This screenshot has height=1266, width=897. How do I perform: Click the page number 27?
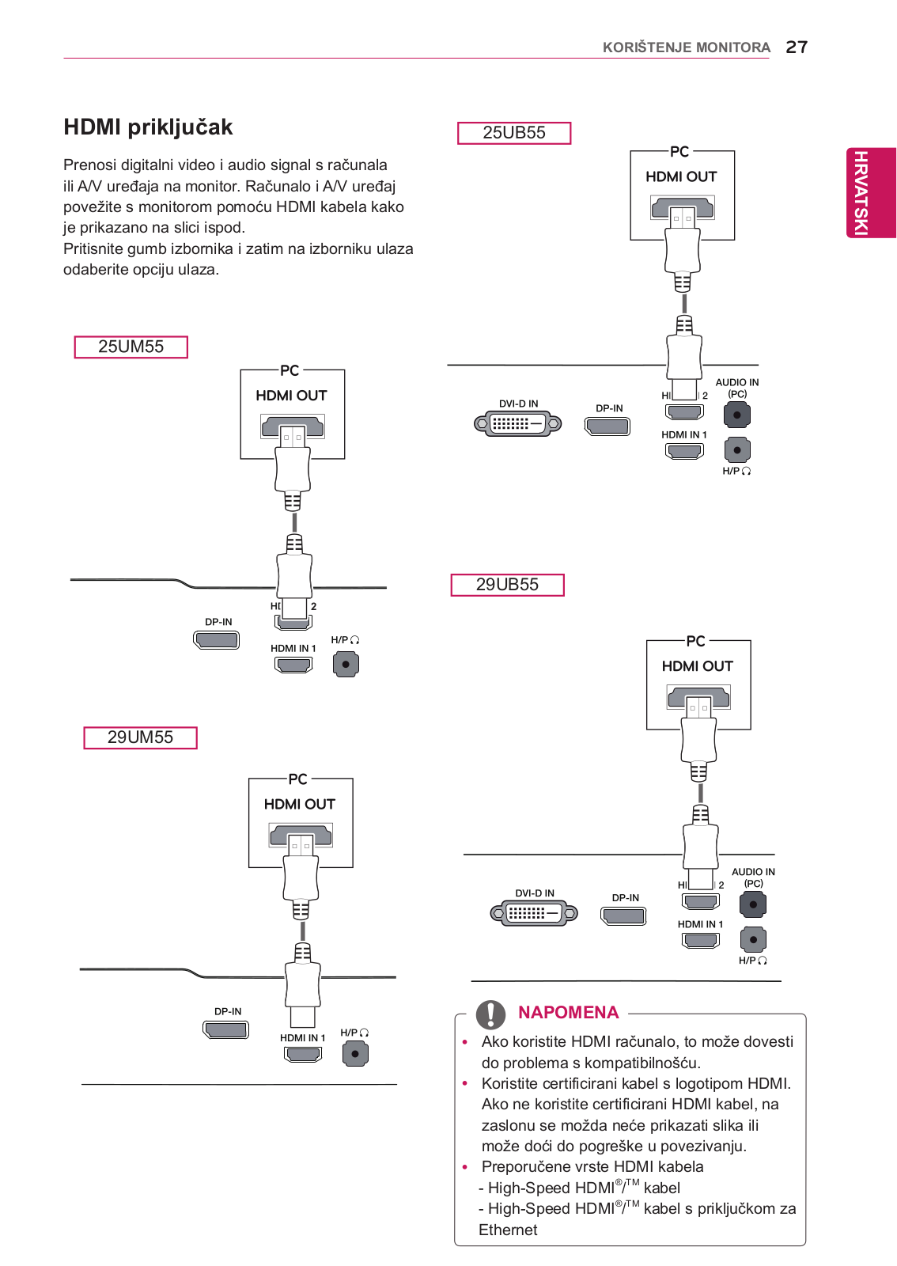tap(797, 47)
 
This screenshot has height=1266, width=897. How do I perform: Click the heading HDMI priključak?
tap(148, 127)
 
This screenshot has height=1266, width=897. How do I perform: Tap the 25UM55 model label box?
tap(131, 347)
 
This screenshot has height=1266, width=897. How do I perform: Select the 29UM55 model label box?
tap(140, 737)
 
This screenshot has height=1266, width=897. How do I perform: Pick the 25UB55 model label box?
tap(514, 133)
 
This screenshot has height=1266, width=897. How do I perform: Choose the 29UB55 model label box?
tap(507, 585)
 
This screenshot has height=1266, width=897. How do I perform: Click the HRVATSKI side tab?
tap(870, 193)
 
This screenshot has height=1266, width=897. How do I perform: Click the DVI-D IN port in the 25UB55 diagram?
tap(517, 423)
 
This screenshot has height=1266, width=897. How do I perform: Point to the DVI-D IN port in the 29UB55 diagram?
tap(534, 913)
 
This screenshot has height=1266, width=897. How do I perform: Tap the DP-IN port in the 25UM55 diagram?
tap(217, 640)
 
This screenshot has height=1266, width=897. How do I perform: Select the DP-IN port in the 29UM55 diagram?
tap(225, 1029)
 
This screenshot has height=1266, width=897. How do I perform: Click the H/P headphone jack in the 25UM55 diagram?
tap(346, 664)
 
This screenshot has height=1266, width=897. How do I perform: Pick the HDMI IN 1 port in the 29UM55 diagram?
tap(303, 1054)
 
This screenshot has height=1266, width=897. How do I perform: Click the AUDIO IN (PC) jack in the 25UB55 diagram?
tap(736, 415)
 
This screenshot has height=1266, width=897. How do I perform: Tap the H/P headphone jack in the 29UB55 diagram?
tap(753, 939)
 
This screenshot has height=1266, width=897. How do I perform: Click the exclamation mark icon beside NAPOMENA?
tap(490, 1014)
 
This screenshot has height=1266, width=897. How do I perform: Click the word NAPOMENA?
tap(568, 1012)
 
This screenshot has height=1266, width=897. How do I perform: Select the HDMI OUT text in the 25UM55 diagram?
tap(291, 396)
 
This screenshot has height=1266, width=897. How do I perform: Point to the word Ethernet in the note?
tap(508, 1230)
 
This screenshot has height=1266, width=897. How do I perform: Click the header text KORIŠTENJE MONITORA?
tap(687, 47)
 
